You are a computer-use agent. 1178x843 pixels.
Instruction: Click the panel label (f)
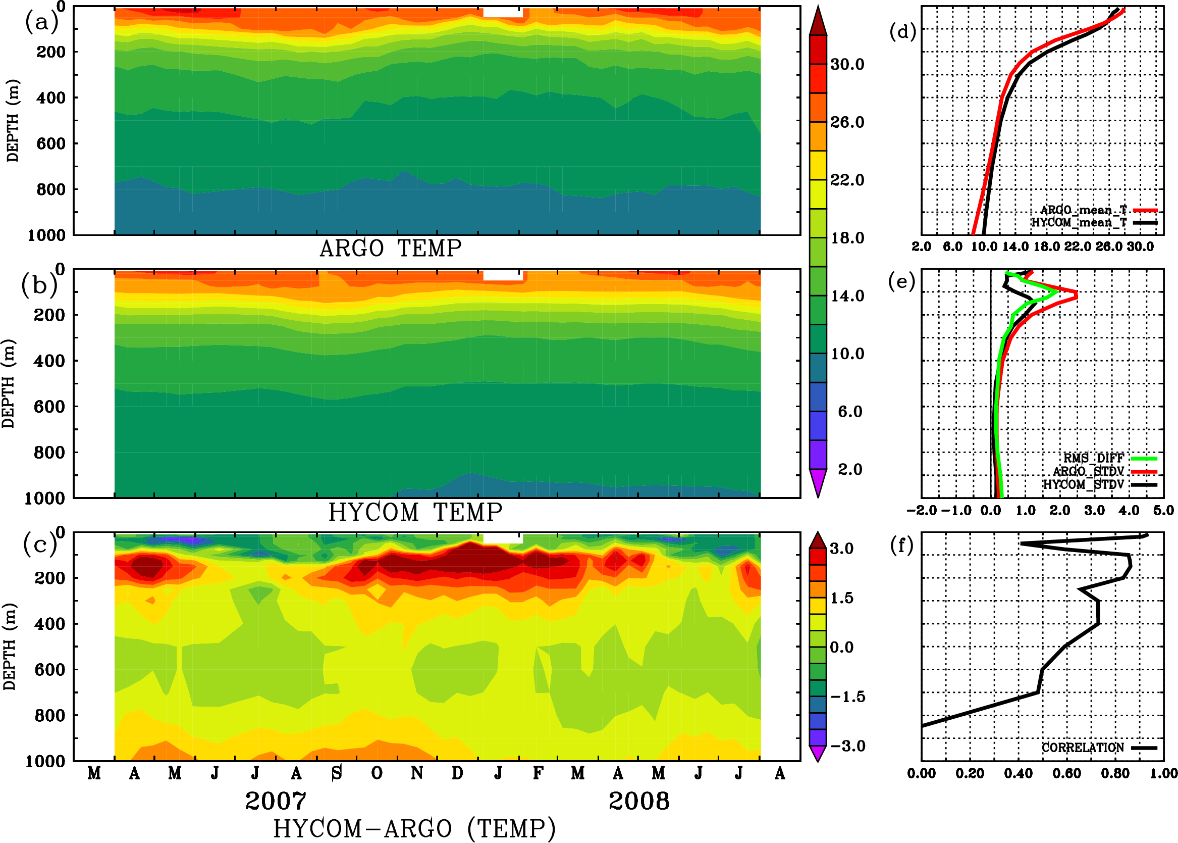[x=901, y=546]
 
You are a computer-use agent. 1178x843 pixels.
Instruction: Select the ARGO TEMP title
[x=391, y=249]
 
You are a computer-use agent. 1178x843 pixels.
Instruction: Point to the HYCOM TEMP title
[x=415, y=512]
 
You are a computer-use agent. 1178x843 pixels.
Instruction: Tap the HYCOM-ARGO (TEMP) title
[x=414, y=828]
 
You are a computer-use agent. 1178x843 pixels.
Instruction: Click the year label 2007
[x=276, y=801]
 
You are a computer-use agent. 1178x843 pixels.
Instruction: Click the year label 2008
[x=639, y=801]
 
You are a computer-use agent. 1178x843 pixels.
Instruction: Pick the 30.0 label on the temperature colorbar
[x=847, y=64]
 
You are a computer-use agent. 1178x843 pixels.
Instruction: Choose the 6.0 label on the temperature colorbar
[x=850, y=412]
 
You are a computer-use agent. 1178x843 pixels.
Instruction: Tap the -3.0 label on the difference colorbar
[x=847, y=746]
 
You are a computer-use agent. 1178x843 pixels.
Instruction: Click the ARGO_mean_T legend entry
[x=1083, y=210]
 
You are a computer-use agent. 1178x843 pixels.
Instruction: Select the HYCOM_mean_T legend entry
[x=1079, y=223]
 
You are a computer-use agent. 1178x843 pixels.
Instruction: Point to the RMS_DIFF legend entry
[x=1093, y=458]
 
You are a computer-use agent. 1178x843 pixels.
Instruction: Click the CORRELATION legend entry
[x=1083, y=748]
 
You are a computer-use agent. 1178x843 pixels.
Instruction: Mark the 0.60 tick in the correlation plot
[x=1067, y=773]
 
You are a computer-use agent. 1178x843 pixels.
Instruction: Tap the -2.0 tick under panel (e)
[x=921, y=510]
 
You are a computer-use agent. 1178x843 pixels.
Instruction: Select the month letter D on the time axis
[x=457, y=773]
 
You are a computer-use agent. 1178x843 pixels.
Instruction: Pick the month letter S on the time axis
[x=337, y=773]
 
